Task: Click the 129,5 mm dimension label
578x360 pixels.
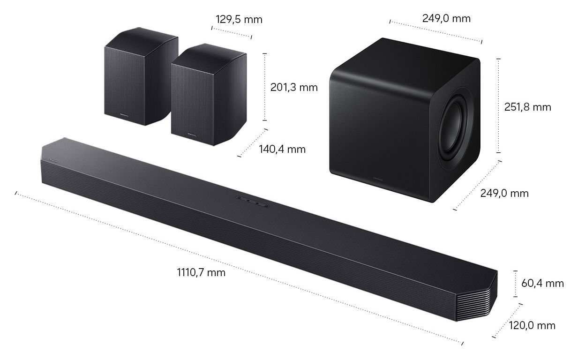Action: pyautogui.click(x=239, y=20)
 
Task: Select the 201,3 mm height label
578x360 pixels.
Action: pyautogui.click(x=294, y=87)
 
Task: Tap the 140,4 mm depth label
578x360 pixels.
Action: pyautogui.click(x=282, y=149)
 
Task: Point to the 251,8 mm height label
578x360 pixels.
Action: pyautogui.click(x=527, y=107)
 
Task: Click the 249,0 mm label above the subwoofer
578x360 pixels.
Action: pyautogui.click(x=446, y=19)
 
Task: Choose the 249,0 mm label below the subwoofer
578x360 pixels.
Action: pyautogui.click(x=504, y=193)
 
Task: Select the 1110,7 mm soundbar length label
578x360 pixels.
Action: pyautogui.click(x=201, y=272)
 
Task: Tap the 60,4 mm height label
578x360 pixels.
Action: pyautogui.click(x=542, y=283)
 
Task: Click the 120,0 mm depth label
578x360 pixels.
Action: pyautogui.click(x=532, y=325)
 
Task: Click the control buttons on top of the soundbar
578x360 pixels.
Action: pyautogui.click(x=253, y=201)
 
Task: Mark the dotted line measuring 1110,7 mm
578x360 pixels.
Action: pyautogui.click(x=234, y=267)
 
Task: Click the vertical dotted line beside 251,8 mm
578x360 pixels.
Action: pyautogui.click(x=498, y=105)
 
